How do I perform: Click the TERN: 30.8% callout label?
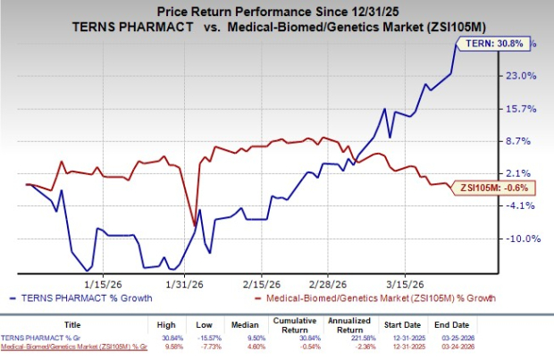pyautogui.click(x=483, y=43)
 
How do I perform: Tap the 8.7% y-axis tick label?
pyautogui.click(x=521, y=141)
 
